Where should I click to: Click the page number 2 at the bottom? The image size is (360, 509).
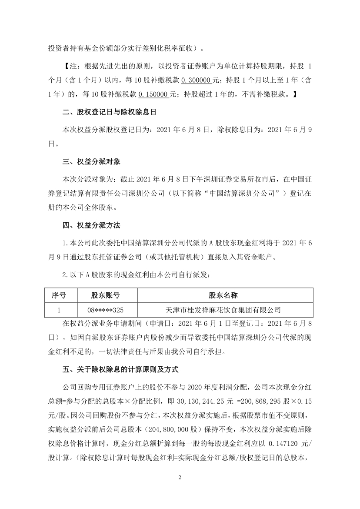180,477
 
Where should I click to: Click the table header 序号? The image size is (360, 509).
59,295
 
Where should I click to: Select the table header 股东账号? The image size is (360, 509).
105,295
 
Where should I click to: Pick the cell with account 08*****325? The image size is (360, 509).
105,310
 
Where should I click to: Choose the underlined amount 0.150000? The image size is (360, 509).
154,94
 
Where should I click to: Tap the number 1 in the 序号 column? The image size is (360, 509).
59,310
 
